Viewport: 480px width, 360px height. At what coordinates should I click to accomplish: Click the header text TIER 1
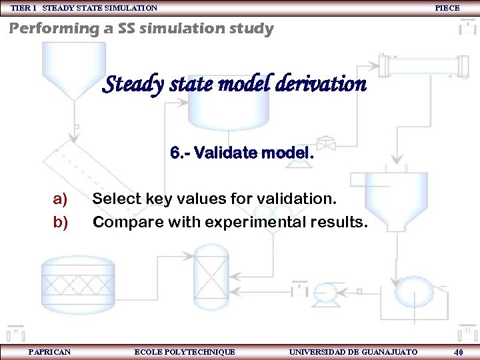coord(23,8)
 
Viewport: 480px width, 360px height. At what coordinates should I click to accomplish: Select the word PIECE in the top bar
coord(447,8)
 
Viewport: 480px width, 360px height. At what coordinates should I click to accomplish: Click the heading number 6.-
coord(180,154)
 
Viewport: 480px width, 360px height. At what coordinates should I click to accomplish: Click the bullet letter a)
coord(61,199)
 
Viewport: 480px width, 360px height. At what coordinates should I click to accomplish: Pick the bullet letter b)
coord(61,221)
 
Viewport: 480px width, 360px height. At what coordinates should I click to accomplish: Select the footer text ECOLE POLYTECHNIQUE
coord(185,351)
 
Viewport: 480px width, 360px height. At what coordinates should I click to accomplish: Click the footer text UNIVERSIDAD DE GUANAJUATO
coord(353,351)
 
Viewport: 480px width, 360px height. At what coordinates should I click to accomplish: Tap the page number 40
coord(458,352)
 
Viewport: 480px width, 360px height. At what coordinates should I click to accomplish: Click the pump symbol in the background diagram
coord(327,291)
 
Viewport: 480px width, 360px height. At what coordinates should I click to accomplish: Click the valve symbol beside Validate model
coord(325,143)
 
